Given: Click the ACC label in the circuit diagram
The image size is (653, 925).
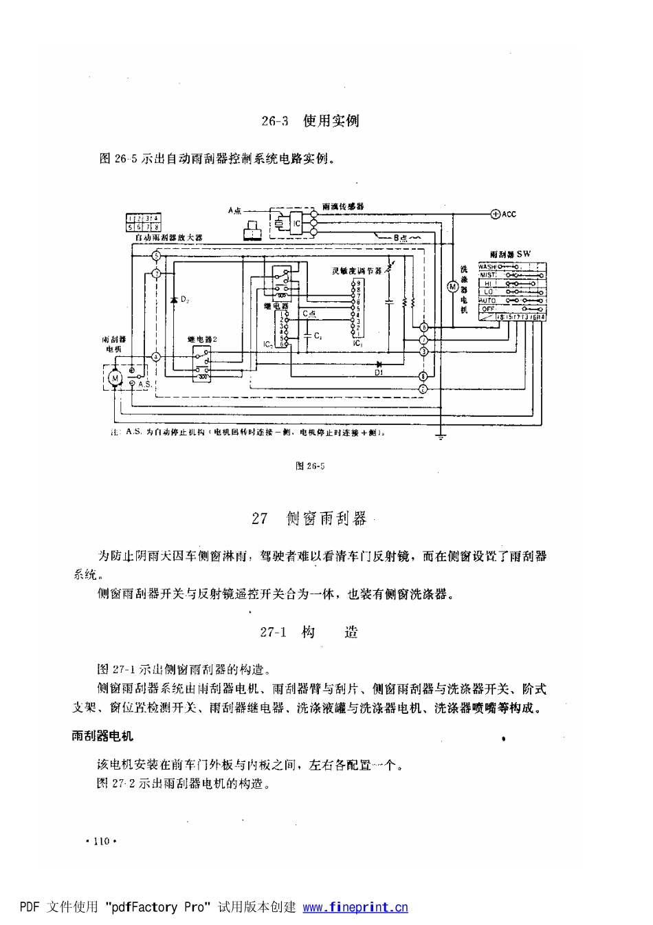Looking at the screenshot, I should tap(508, 214).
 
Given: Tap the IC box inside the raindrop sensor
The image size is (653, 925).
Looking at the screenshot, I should tap(295, 223).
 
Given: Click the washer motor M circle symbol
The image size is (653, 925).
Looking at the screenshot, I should tap(452, 285).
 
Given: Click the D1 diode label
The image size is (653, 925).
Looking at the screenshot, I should tap(378, 373).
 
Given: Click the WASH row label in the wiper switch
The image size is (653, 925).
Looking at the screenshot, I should tap(487, 266).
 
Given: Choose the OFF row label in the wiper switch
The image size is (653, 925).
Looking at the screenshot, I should tap(487, 309).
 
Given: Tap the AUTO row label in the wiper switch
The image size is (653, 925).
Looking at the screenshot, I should tap(487, 301).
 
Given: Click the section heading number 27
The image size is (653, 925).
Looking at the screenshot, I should tap(259, 519).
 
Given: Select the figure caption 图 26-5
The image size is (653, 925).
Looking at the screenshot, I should tap(310, 466).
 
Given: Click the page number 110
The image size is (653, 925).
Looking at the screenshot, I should tap(101, 841).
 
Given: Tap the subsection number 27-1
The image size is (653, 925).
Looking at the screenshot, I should tap(273, 632).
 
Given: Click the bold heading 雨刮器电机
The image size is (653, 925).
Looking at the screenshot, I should tap(103, 736).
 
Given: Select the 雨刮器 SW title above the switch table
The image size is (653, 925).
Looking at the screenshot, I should tap(511, 254).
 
